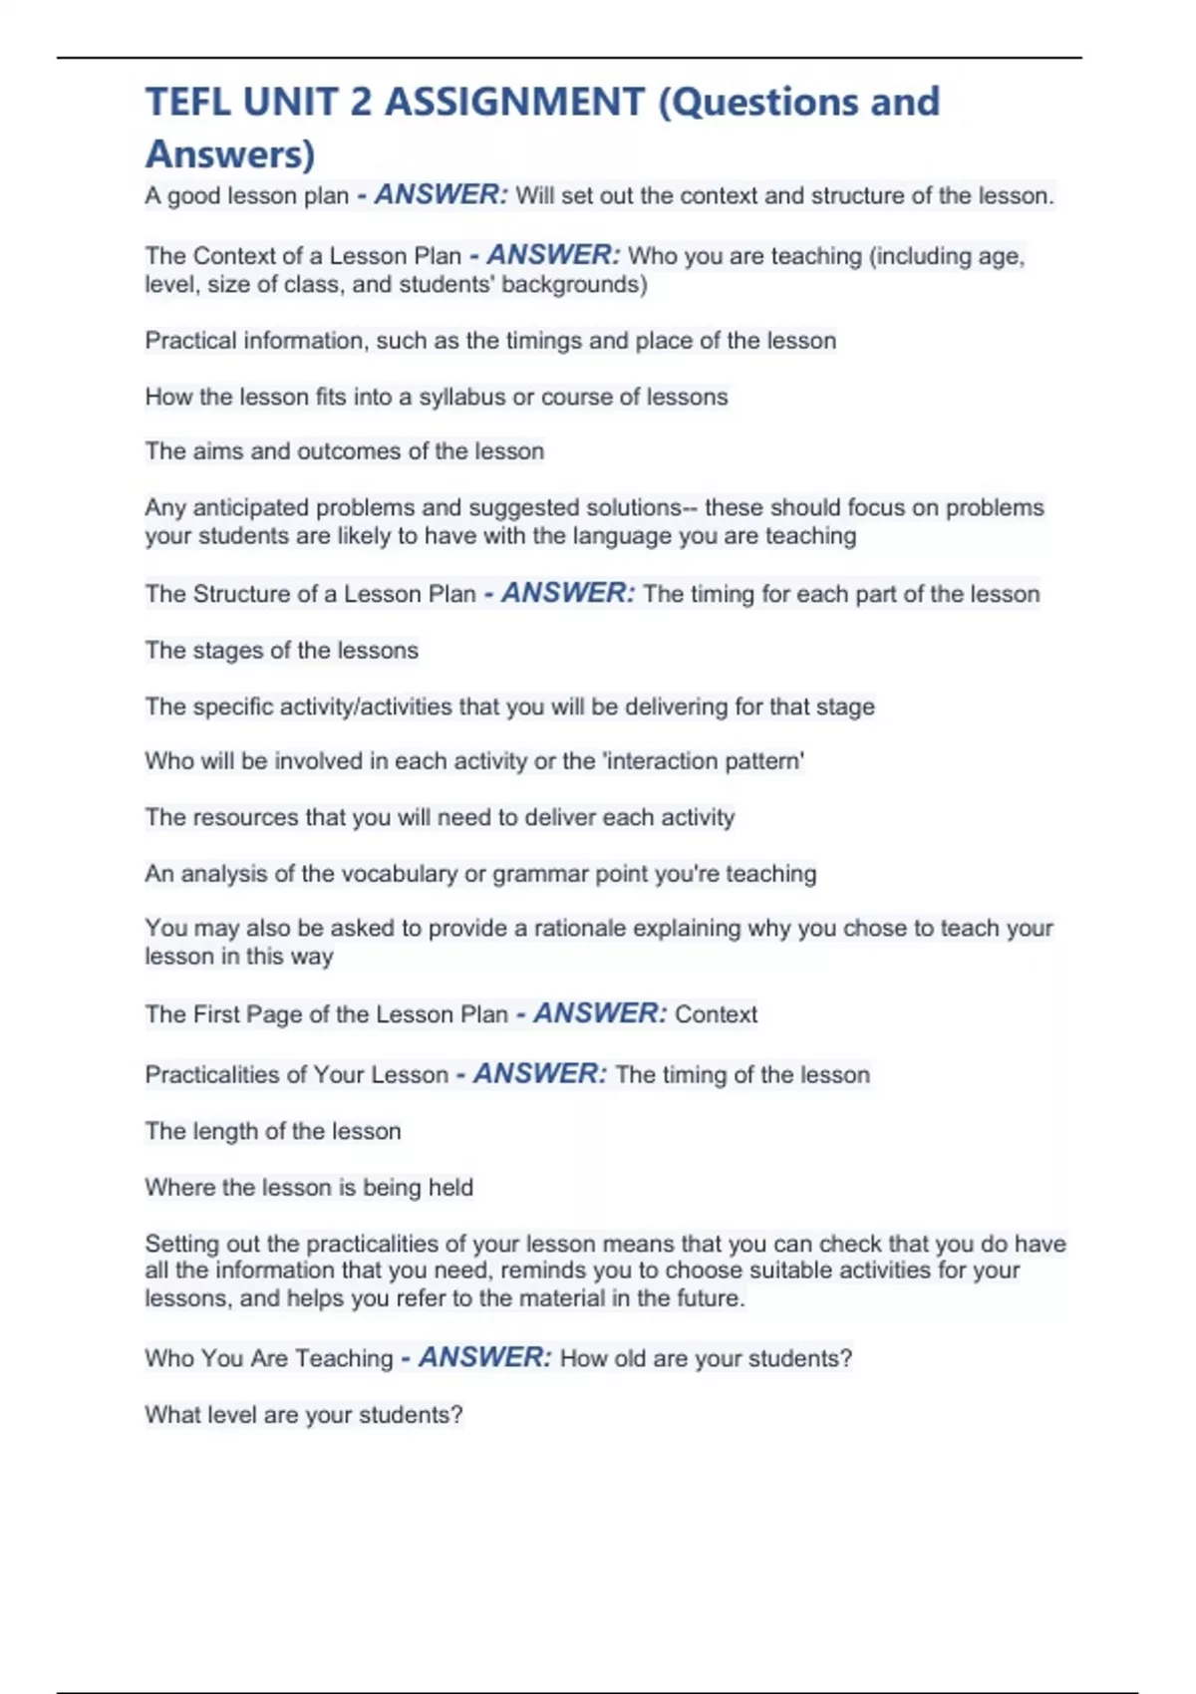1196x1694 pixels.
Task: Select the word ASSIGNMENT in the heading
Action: point(514,103)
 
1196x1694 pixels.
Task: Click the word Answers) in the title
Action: point(230,154)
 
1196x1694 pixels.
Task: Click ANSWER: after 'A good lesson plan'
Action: point(441,194)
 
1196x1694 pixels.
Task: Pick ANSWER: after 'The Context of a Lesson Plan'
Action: point(553,255)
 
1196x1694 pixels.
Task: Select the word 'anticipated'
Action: point(250,507)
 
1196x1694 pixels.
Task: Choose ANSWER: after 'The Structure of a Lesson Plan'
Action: point(568,593)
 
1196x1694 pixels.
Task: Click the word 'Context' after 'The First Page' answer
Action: point(716,1014)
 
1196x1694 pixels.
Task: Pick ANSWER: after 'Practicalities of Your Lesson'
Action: point(539,1074)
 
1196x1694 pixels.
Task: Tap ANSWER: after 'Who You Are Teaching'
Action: point(484,1357)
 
